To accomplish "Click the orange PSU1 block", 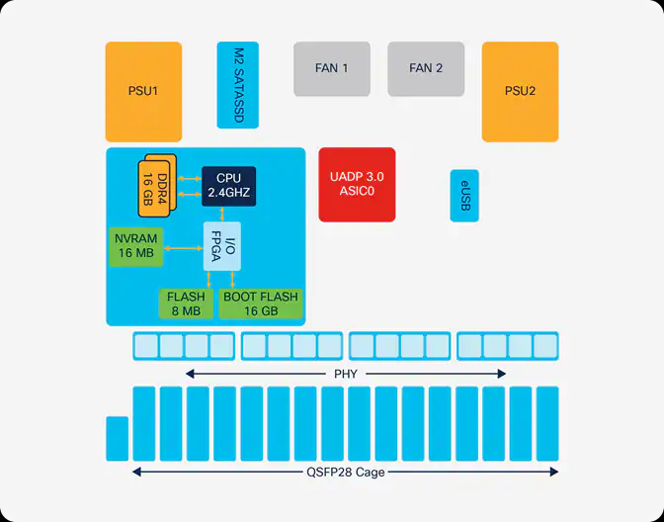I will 143,92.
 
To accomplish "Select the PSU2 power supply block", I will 520,92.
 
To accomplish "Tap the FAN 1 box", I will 332,68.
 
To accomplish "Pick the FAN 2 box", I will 426,68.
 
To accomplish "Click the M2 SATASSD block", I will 238,85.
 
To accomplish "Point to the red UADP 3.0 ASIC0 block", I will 357,185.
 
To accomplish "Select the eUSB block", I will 464,196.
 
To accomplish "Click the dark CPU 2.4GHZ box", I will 229,185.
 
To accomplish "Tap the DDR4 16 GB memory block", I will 157,184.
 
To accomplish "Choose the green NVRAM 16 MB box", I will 136,247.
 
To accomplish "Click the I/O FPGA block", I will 221,247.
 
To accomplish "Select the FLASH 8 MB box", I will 185,304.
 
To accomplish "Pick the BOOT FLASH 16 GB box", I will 260,304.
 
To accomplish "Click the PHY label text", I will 345,374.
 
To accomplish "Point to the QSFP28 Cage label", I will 345,473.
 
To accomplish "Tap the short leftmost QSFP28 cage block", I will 118,439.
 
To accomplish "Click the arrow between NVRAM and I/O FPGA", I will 185,247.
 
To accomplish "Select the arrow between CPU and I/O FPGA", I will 222,215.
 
